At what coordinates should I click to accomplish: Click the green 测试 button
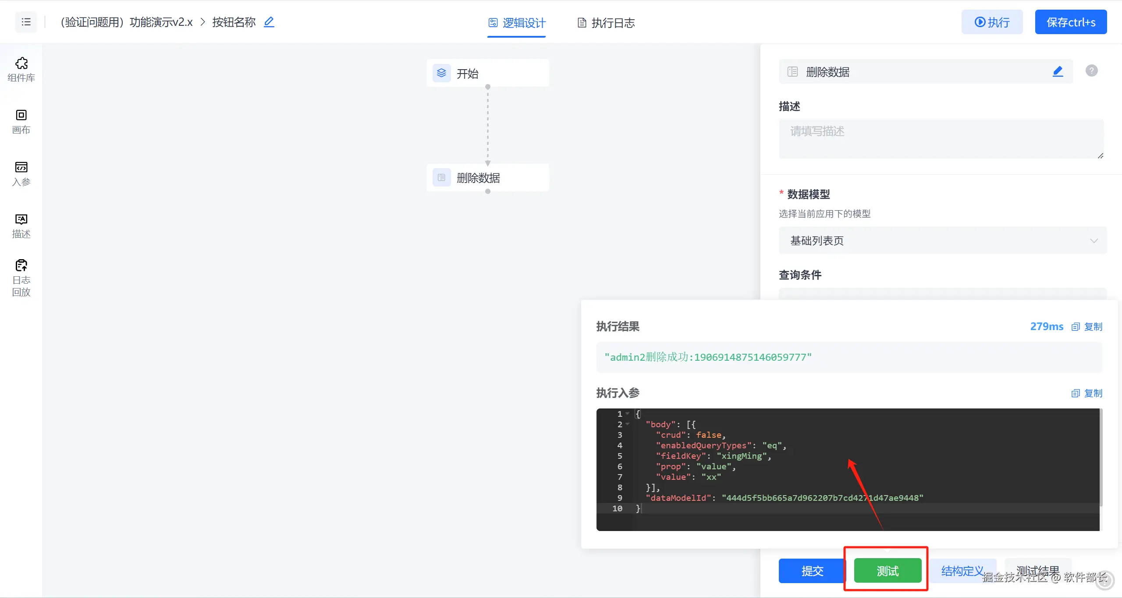[887, 570]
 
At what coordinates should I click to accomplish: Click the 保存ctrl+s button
[1070, 22]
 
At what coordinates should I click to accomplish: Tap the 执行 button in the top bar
[992, 22]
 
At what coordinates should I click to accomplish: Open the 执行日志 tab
[606, 23]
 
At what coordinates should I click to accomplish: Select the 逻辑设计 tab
[517, 23]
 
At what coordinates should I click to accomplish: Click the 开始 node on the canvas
[487, 73]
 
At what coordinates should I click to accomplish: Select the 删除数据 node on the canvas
[487, 178]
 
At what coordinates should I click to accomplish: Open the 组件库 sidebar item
[21, 69]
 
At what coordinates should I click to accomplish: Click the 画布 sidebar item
[21, 121]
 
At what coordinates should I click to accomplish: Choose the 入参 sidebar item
[21, 173]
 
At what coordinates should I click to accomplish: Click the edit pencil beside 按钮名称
[269, 22]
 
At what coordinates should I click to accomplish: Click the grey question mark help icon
[1091, 70]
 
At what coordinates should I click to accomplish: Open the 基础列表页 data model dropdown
[942, 240]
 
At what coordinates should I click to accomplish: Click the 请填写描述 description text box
[941, 138]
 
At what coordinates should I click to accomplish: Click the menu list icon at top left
[26, 22]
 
